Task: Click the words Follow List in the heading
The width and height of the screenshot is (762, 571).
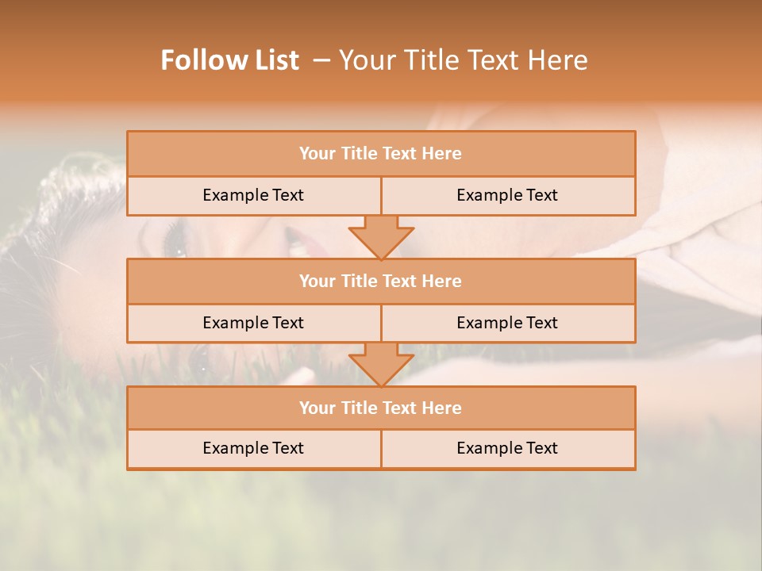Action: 229,60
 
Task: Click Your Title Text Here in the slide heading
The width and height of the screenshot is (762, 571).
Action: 463,60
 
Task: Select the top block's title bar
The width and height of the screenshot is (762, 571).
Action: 381,154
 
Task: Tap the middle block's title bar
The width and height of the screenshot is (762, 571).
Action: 381,281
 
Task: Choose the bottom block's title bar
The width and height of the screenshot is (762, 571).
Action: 381,408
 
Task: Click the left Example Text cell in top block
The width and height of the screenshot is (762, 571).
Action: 253,195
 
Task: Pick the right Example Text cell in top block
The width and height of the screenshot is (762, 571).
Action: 507,195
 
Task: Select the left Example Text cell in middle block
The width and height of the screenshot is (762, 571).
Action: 253,323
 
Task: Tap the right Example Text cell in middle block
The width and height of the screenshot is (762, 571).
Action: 507,323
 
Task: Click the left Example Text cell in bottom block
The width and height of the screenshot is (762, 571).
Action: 253,448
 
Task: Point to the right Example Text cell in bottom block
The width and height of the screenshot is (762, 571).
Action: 507,448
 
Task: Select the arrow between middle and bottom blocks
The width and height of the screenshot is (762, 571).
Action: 381,364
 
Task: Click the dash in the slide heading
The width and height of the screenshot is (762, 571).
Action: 321,60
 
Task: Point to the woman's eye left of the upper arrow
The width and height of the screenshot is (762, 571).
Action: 175,240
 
